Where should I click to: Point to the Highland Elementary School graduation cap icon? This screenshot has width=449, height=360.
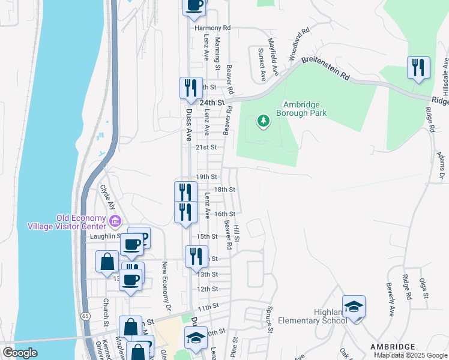(x=354, y=307)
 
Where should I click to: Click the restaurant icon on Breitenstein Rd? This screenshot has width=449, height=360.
(x=419, y=68)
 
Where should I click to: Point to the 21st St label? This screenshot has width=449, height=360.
(x=205, y=146)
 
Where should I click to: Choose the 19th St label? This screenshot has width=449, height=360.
(x=206, y=176)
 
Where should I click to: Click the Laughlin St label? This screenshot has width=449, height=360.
(x=103, y=236)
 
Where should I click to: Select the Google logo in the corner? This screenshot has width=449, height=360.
(x=19, y=352)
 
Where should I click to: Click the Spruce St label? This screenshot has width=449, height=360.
(x=268, y=320)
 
